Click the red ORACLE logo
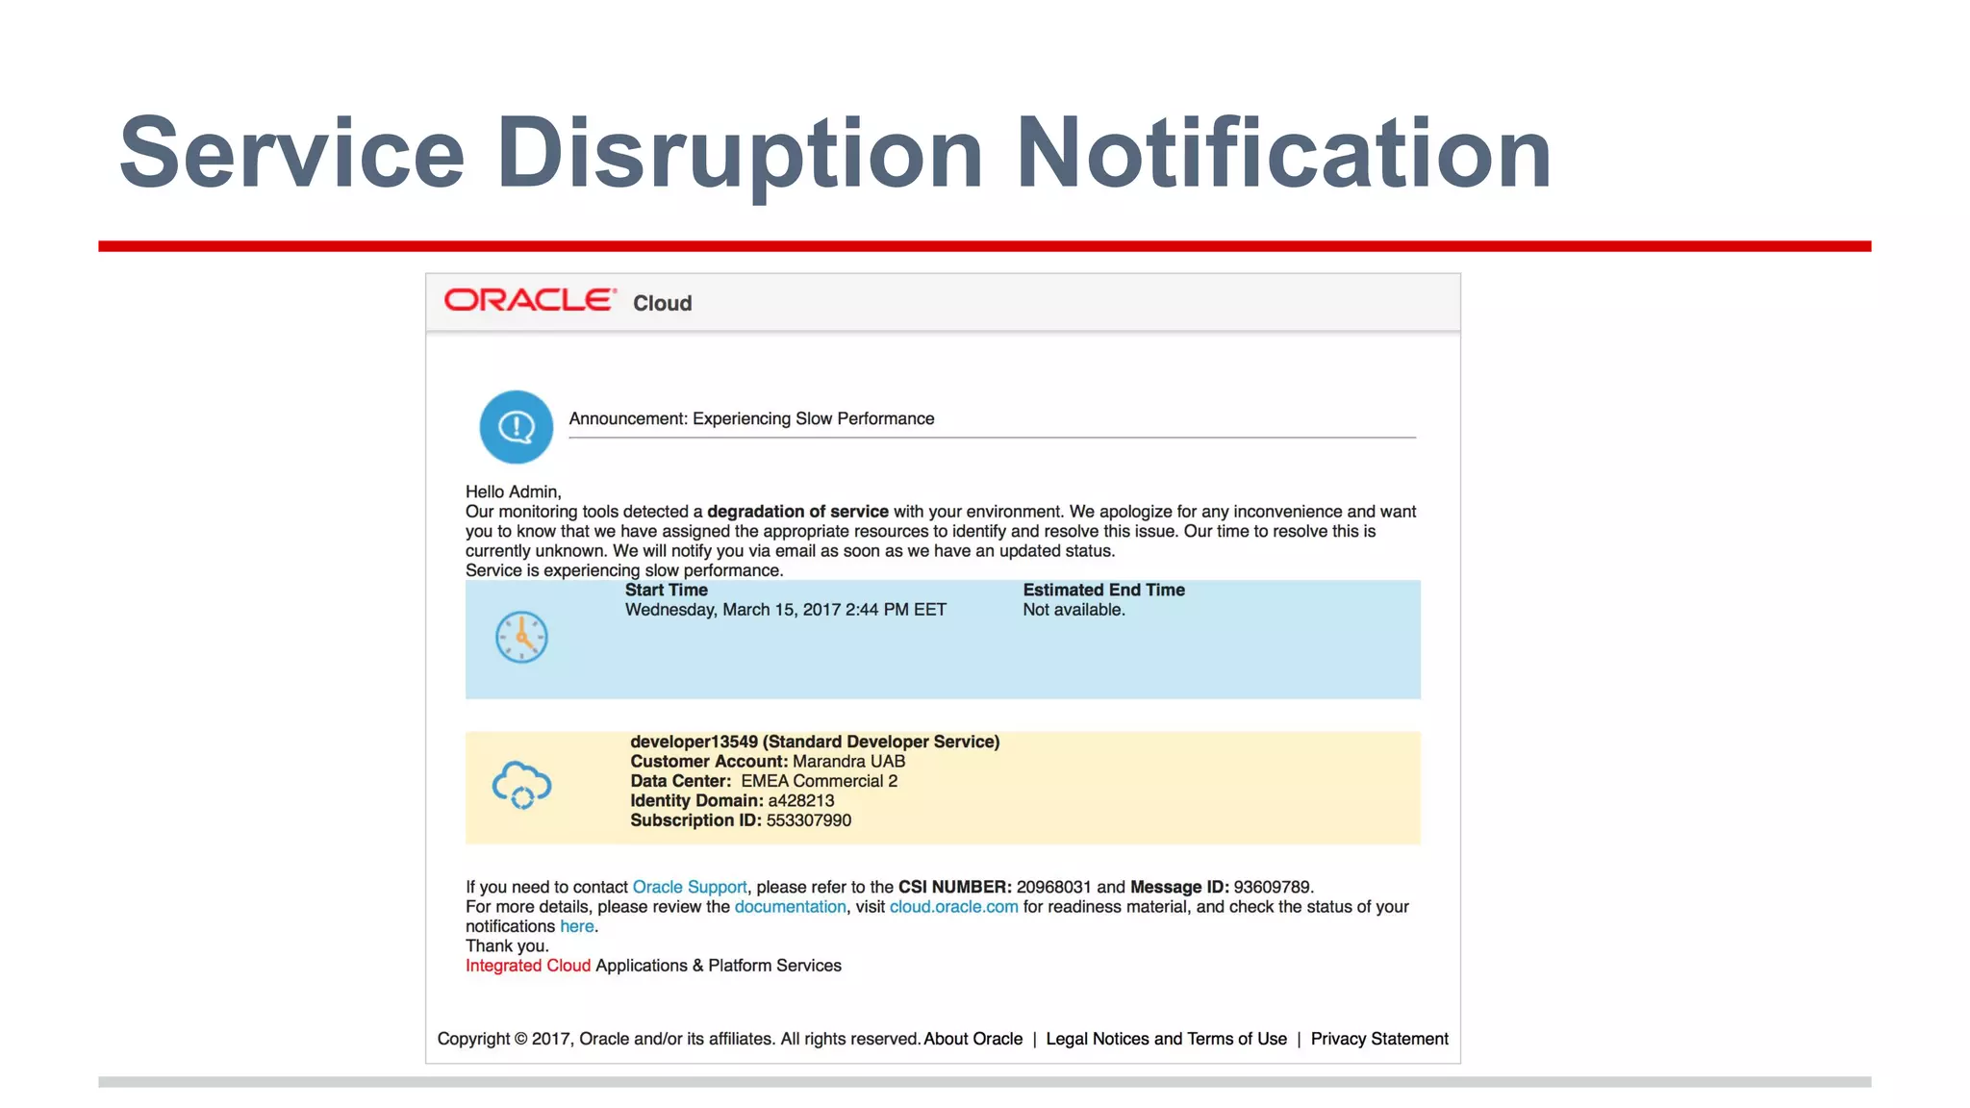[x=529, y=300]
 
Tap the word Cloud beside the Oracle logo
[x=662, y=303]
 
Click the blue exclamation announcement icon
[x=517, y=427]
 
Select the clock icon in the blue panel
[x=521, y=637]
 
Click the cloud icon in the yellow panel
[x=521, y=785]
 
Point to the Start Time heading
[x=666, y=590]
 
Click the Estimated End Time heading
[x=1103, y=590]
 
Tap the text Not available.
[x=1073, y=610]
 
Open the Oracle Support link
[x=689, y=887]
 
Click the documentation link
[x=790, y=906]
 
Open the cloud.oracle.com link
[x=953, y=906]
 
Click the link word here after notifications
[x=576, y=926]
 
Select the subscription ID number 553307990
[x=808, y=820]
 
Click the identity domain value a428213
[x=800, y=800]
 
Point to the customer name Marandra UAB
[x=848, y=761]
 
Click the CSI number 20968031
[x=1053, y=887]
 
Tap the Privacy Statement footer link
[x=1378, y=1039]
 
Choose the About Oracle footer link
[x=972, y=1039]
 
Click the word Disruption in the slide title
[x=740, y=154]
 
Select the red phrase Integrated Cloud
[x=527, y=966]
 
